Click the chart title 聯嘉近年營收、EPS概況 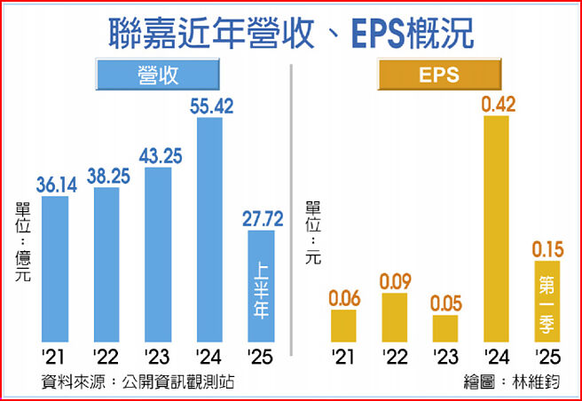coord(291,34)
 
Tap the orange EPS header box coord(439,75)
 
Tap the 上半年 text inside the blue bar coord(261,288)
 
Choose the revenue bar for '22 coord(106,264)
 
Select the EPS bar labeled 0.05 coord(445,328)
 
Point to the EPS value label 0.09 coord(394,282)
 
